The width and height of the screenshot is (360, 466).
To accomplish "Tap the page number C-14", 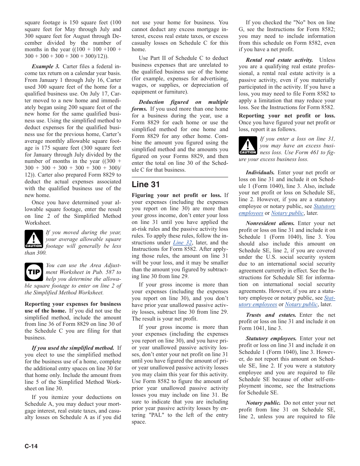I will tap(31, 446).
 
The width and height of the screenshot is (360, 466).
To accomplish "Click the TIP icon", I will tap(34, 272).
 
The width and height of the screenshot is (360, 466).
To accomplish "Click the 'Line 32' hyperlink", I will tap(182, 242).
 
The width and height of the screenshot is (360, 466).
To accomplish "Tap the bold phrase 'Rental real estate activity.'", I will tap(279, 60).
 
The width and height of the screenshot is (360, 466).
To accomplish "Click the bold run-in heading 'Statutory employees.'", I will tap(271, 338).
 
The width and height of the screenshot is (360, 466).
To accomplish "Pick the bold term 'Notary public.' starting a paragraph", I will tap(263, 403).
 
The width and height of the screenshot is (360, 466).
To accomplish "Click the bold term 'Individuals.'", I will tap(260, 172).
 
